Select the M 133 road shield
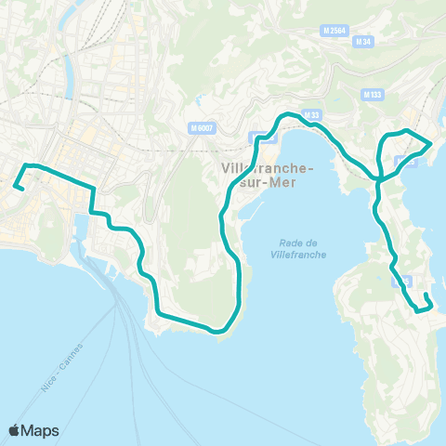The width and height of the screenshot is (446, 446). click(373, 95)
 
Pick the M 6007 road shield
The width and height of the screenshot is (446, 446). click(198, 127)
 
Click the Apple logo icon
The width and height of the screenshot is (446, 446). click(15, 430)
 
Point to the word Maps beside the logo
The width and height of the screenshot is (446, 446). click(42, 430)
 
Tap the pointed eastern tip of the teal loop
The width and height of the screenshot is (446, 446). click(428, 144)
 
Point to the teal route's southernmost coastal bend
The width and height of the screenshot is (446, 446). click(217, 330)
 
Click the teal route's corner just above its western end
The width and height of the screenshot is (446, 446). click(26, 165)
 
